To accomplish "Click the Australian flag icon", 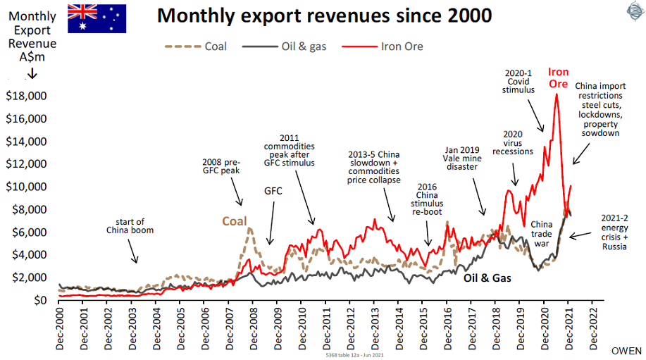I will [x=97, y=18].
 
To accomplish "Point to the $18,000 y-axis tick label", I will [x=25, y=96].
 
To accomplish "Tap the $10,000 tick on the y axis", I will [x=25, y=187].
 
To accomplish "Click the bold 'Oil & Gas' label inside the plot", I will [x=487, y=278].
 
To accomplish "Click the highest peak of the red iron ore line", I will [x=557, y=94].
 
